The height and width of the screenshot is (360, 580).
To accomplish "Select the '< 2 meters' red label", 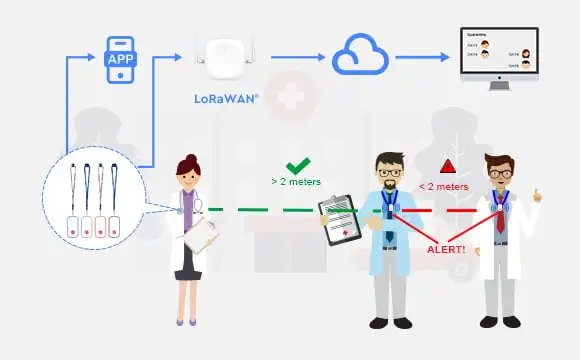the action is click(x=443, y=186).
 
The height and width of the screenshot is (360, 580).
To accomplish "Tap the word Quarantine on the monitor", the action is click(x=476, y=34).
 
